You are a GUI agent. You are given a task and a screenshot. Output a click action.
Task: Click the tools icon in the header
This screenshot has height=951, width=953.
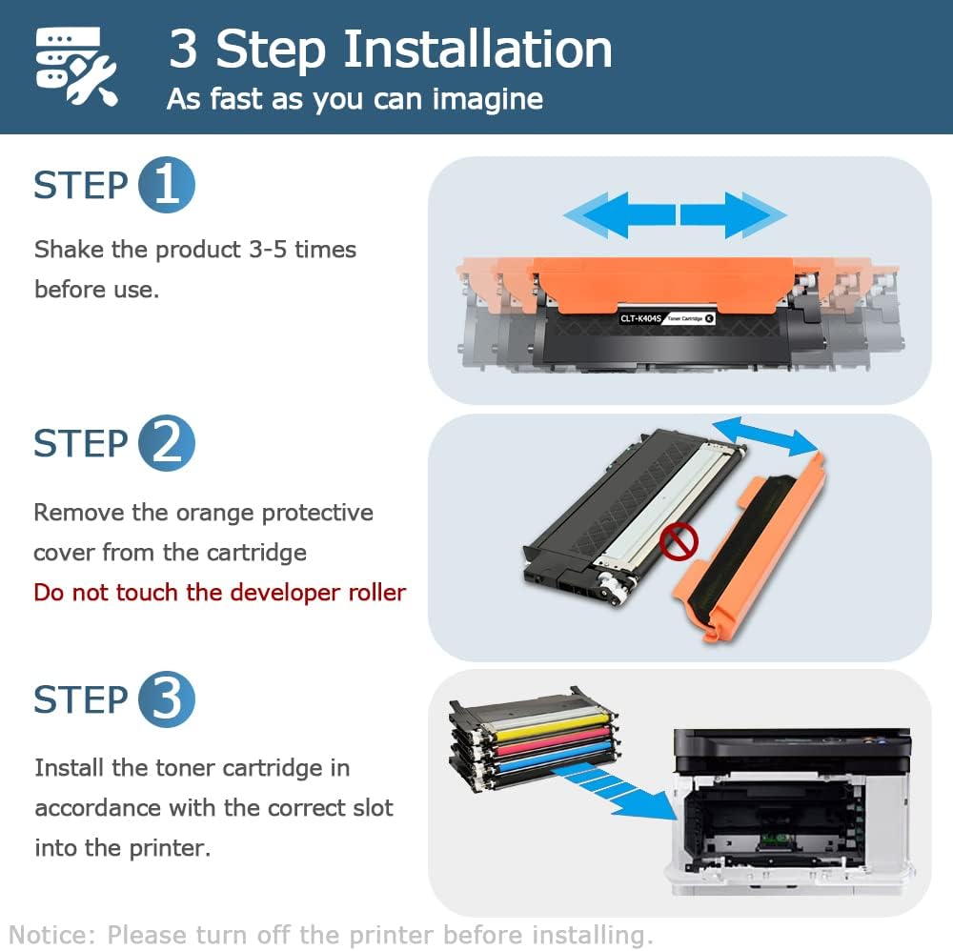[x=75, y=66]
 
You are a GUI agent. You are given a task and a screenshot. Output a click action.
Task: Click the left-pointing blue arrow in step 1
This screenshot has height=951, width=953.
[x=618, y=213]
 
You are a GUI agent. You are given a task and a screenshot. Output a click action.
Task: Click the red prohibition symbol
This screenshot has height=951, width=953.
[x=679, y=542]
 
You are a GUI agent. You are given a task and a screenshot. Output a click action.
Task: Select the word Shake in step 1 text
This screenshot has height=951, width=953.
[x=68, y=250]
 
